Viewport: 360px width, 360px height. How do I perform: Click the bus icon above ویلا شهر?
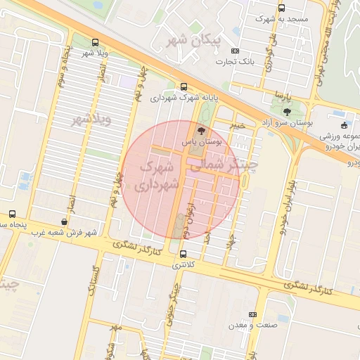click(x=95, y=42)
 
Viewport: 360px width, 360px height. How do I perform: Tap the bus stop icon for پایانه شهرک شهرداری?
click(x=184, y=87)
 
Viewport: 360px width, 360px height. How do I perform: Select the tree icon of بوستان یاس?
click(x=202, y=131)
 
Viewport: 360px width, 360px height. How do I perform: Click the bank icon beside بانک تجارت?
click(x=235, y=51)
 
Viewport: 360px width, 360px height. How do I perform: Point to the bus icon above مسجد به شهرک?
click(x=281, y=8)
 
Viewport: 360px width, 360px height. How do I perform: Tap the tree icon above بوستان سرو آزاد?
click(x=286, y=111)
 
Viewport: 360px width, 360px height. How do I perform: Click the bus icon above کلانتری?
click(x=184, y=254)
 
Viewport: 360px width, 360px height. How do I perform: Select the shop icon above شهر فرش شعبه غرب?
click(x=65, y=221)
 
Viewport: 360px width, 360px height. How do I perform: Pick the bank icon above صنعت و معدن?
click(x=253, y=314)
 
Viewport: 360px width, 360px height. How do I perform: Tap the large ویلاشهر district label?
click(x=91, y=120)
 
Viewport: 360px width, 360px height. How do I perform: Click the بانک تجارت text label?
click(x=233, y=61)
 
